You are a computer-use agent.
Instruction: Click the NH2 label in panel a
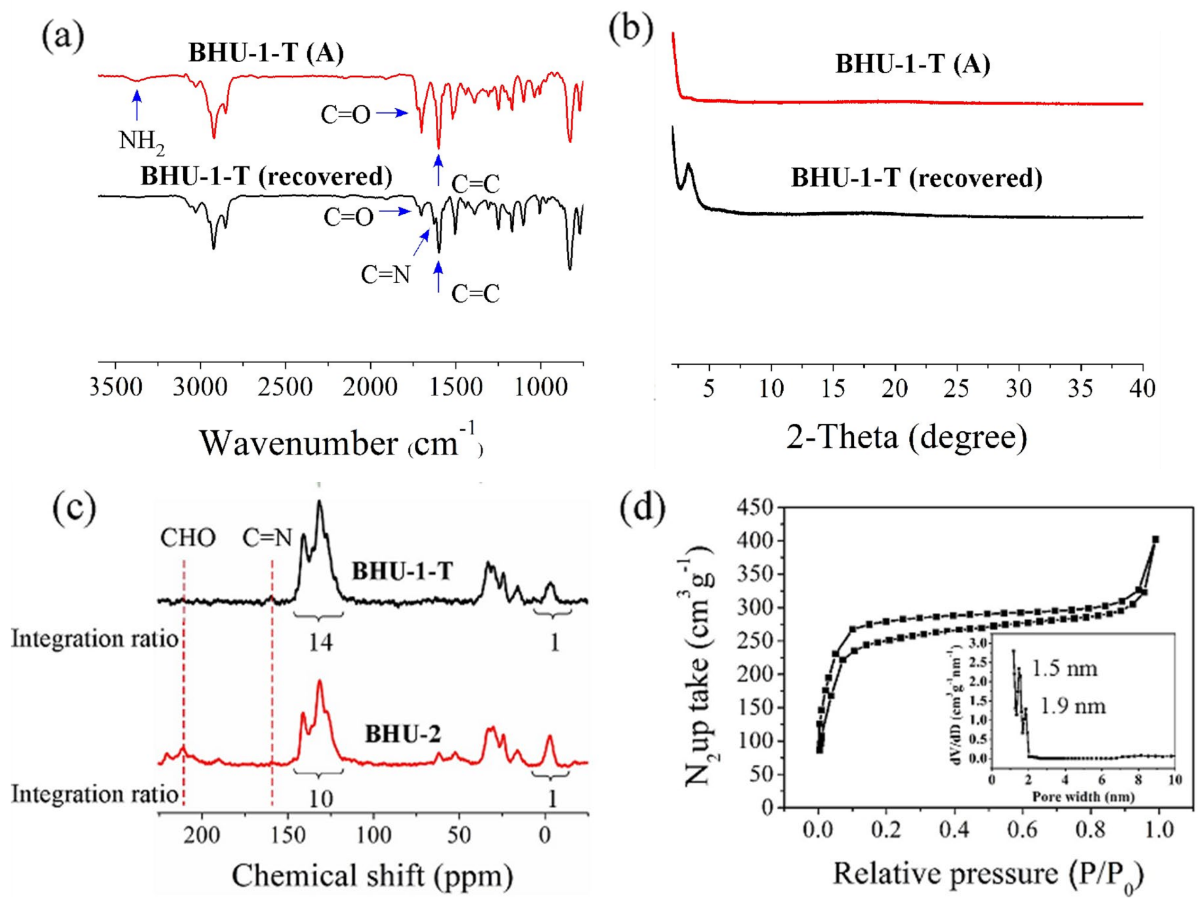(141, 143)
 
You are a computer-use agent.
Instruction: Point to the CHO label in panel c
(188, 538)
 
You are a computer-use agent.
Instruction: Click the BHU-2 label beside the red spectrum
(403, 735)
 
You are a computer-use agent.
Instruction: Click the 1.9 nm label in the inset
(1073, 706)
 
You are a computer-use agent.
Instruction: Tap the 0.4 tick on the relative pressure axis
(955, 830)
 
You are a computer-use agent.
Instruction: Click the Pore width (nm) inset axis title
(1083, 796)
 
